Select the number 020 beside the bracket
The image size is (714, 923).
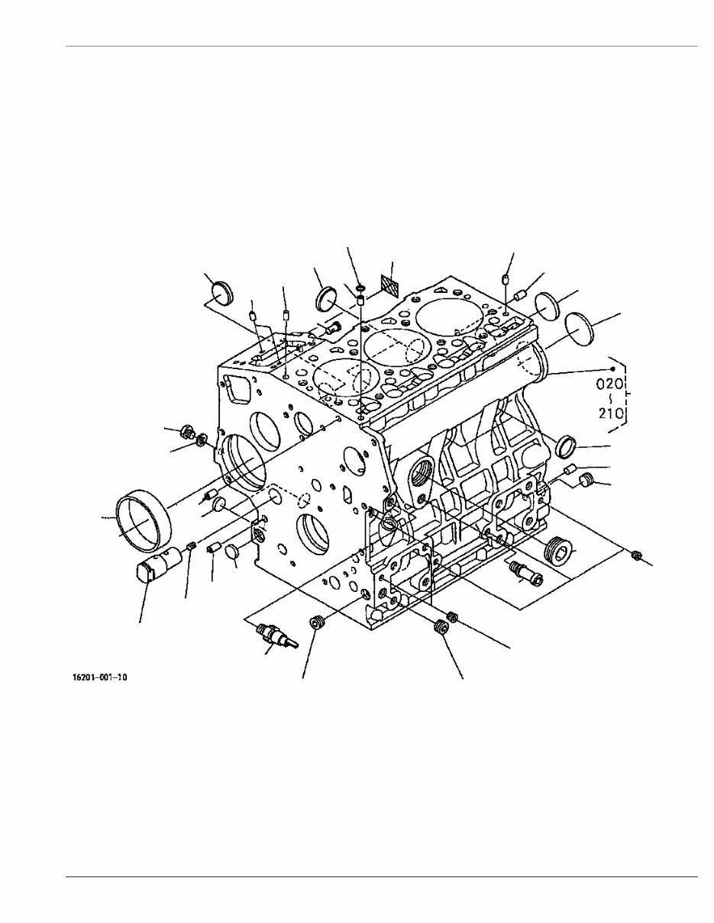click(611, 384)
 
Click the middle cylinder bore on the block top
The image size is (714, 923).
click(394, 346)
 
